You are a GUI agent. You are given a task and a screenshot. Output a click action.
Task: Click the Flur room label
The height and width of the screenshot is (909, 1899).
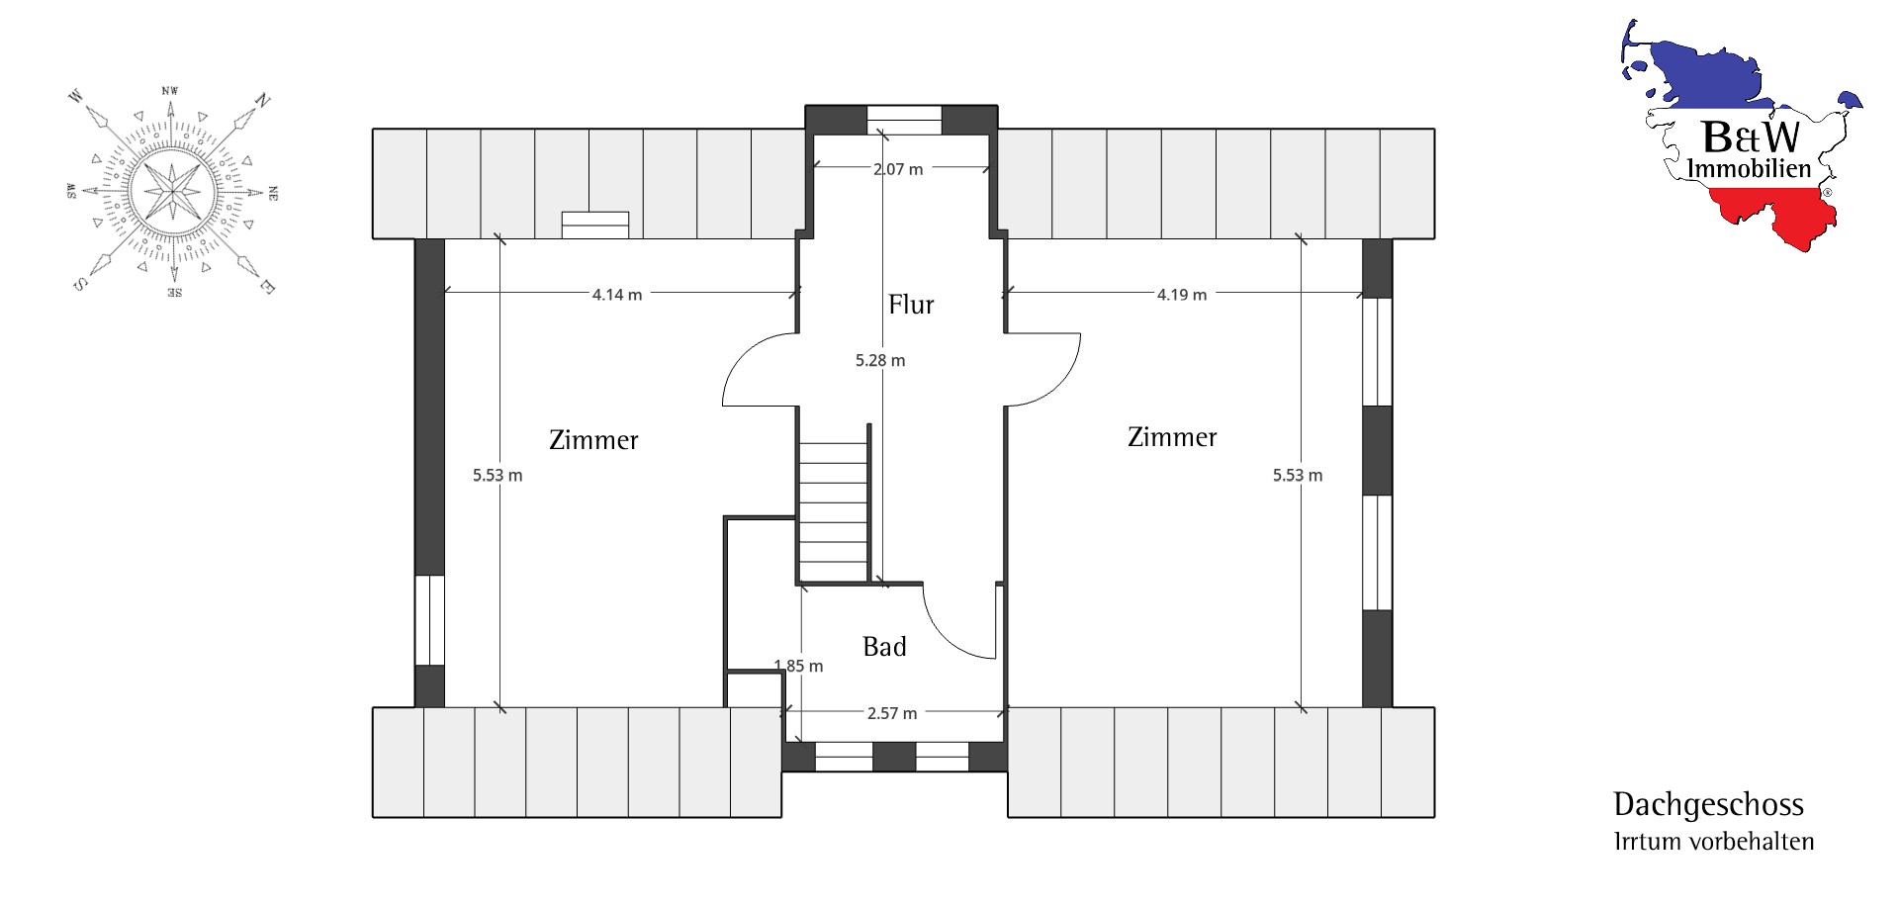point(911,305)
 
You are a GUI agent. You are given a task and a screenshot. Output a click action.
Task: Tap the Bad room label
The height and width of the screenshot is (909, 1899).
point(884,647)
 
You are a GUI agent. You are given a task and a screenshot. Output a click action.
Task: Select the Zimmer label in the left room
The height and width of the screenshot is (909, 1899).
point(593,440)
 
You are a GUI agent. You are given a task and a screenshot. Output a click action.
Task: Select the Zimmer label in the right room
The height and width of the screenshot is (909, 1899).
point(1172,437)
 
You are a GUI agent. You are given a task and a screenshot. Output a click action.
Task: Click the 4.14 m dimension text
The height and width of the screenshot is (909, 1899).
point(617,295)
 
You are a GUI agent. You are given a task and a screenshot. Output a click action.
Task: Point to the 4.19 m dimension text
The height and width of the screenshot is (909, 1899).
point(1182,295)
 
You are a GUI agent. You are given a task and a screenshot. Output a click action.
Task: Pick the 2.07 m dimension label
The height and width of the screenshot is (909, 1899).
point(898,169)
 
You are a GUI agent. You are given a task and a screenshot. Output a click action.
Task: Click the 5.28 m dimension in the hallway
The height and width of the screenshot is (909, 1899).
point(880,361)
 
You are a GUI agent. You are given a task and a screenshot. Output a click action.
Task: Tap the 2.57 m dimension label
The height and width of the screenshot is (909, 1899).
point(892,713)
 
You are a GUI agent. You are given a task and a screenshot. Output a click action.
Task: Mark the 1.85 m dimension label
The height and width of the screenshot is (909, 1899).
point(798,667)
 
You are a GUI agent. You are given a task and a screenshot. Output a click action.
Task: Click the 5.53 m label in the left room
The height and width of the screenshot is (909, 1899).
point(497,476)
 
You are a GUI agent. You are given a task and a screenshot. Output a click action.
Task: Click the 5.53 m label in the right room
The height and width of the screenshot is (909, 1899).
point(1298,476)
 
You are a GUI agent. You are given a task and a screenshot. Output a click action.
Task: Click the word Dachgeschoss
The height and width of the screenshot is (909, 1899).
point(1708,806)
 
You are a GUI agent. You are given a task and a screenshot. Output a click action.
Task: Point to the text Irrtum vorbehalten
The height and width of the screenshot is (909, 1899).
point(1713,842)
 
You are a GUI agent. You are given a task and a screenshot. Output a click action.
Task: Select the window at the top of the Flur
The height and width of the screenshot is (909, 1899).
point(903,119)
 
